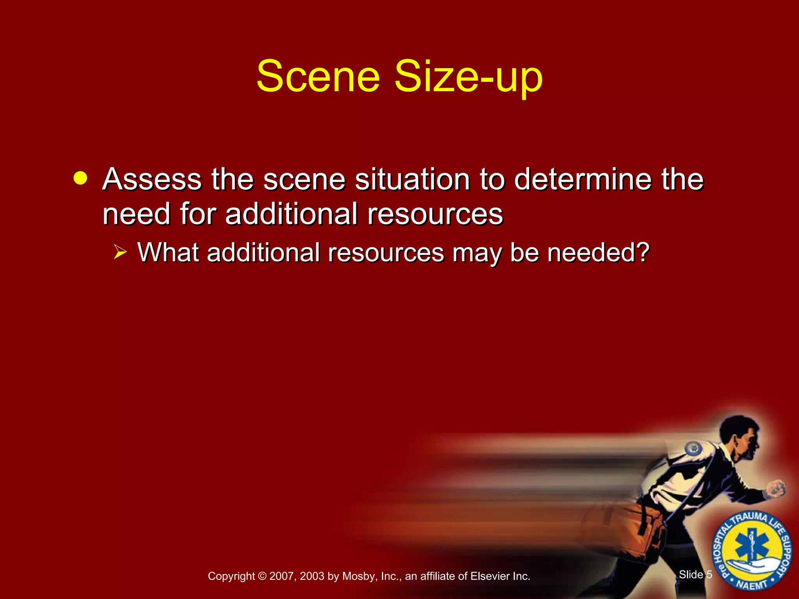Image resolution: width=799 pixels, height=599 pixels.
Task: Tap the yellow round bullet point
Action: (x=80, y=178)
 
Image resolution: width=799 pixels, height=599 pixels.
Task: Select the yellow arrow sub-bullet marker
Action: (x=121, y=252)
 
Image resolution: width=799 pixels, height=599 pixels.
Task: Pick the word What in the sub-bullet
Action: (x=169, y=252)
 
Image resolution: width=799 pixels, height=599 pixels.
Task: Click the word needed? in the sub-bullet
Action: (x=598, y=252)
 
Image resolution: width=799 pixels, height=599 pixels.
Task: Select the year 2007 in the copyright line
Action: (x=281, y=576)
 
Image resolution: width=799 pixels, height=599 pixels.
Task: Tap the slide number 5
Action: (x=709, y=574)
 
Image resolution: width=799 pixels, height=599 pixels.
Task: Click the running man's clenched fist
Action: (x=776, y=488)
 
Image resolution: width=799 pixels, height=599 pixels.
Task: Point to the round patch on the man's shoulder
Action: (x=693, y=449)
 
